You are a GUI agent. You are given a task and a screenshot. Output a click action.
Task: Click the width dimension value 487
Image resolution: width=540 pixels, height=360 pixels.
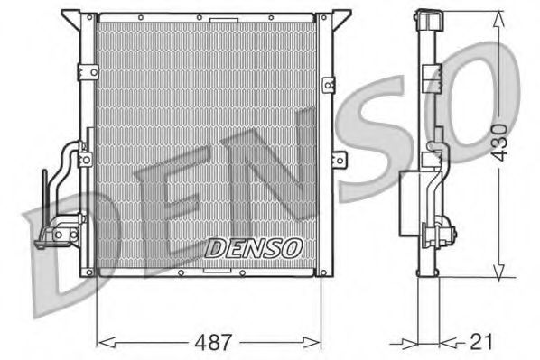214,342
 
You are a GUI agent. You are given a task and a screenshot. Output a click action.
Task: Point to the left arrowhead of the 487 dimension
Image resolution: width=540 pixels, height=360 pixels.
102,341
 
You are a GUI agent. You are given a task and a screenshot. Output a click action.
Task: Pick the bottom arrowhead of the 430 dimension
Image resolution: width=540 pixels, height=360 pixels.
497,272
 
